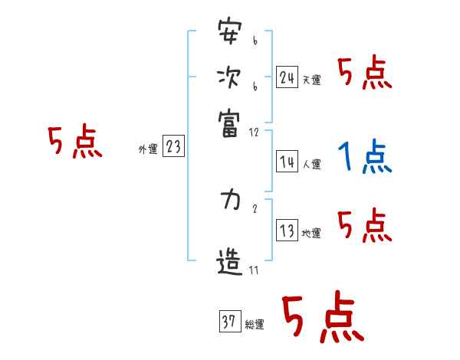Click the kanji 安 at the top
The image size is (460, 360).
[229, 34]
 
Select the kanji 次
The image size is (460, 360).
[229, 77]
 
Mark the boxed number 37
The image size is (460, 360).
[228, 322]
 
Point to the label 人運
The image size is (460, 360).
[311, 164]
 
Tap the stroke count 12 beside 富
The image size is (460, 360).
[255, 132]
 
